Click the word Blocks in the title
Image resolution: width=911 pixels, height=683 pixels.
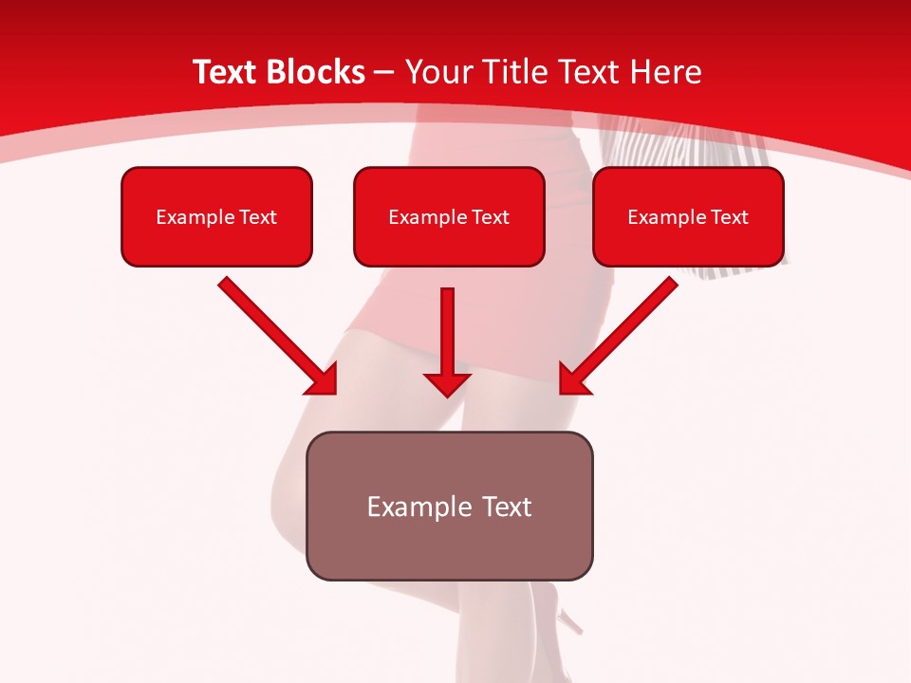pyautogui.click(x=313, y=72)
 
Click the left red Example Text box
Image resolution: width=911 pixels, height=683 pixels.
pyautogui.click(x=216, y=216)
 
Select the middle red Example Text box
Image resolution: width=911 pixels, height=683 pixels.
pyautogui.click(x=449, y=216)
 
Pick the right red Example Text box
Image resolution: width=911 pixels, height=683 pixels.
pyautogui.click(x=688, y=216)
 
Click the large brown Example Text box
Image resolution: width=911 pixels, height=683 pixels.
pyautogui.click(x=449, y=506)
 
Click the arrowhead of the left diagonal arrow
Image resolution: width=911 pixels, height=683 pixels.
pyautogui.click(x=323, y=380)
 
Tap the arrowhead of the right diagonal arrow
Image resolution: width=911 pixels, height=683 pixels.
pyautogui.click(x=573, y=380)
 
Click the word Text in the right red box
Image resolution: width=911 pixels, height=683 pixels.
pyautogui.click(x=729, y=217)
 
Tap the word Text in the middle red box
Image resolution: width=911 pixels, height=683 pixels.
pyautogui.click(x=490, y=217)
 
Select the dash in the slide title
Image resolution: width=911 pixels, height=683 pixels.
pyautogui.click(x=385, y=73)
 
